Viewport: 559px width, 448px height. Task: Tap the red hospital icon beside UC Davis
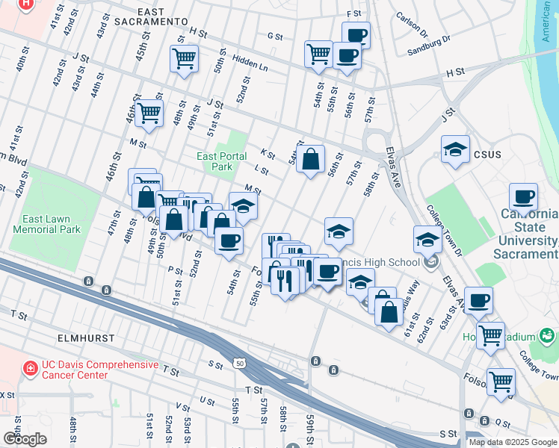tap(30, 368)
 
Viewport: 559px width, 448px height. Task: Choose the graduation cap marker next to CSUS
tap(455, 149)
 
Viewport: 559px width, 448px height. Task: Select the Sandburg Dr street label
tap(430, 45)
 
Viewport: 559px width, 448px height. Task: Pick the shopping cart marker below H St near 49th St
tap(184, 58)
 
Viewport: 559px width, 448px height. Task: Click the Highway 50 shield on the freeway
tap(239, 362)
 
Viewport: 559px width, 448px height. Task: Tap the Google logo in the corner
tap(25, 438)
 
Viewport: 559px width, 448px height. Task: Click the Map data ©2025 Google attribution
tap(512, 442)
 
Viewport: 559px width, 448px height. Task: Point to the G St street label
tap(275, 36)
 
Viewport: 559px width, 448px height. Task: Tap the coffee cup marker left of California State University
tap(523, 198)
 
